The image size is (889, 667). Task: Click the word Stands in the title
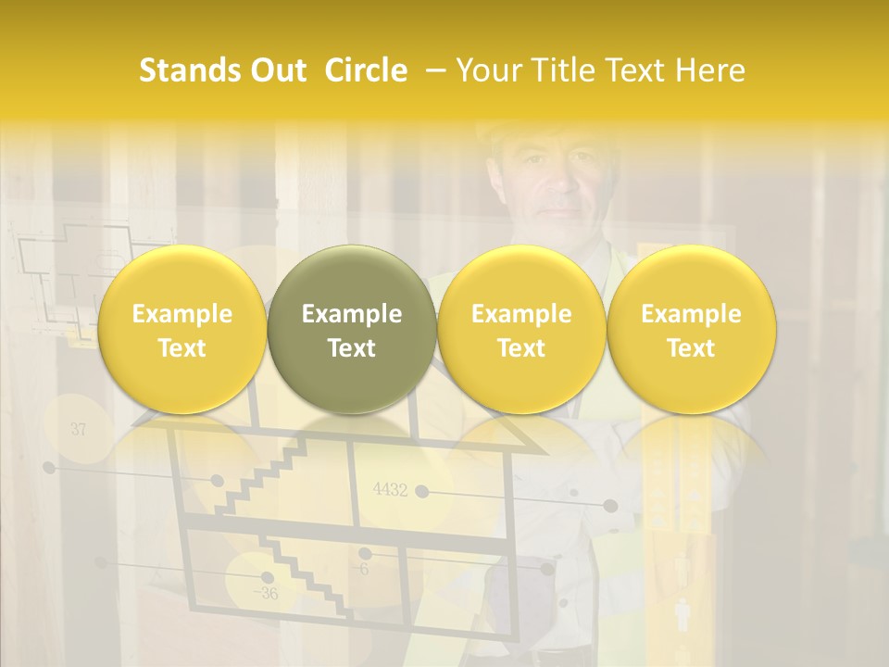pos(184,70)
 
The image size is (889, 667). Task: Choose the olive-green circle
pos(352,329)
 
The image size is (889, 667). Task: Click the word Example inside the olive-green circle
pos(352,314)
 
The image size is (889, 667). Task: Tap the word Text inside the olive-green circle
pos(352,348)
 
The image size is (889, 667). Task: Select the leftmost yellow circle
pos(182,329)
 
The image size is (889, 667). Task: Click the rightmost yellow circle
pos(692,329)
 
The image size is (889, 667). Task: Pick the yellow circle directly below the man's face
pos(521,329)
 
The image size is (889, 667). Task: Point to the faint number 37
pos(78,429)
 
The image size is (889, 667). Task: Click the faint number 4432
pos(390,490)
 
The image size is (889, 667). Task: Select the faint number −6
pos(360,569)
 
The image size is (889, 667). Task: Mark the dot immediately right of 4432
pos(422,491)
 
